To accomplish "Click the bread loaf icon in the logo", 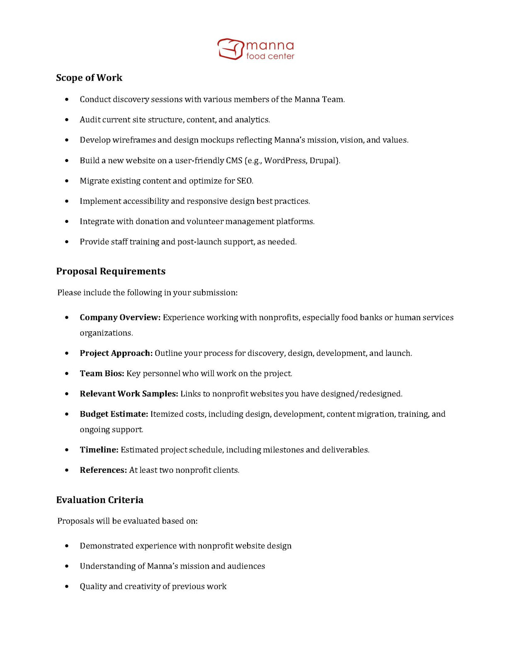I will click(230, 49).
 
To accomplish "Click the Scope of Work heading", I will click(89, 78).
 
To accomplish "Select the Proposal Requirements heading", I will click(111, 271).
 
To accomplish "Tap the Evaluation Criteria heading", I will click(100, 500).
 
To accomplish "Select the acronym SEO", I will click(244, 181).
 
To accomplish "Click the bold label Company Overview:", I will click(120, 318).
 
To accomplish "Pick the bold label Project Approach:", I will click(116, 353).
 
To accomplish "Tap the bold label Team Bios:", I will click(102, 374).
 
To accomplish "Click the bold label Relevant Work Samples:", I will click(129, 394).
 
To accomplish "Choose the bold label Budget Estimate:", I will click(114, 414).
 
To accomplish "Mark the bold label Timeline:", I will click(99, 450).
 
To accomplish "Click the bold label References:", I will click(103, 470).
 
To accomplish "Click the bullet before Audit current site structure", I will click(67, 120).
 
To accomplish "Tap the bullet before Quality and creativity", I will click(67, 587).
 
